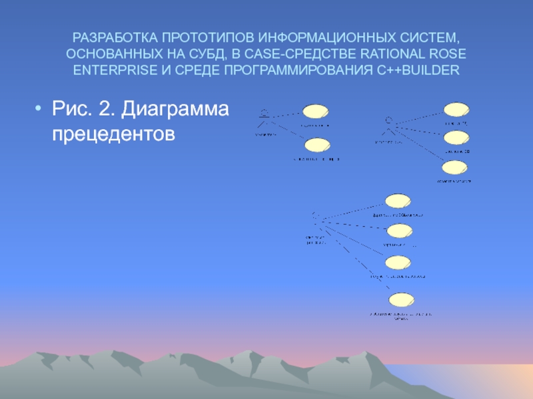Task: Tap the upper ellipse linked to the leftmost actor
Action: click(314, 112)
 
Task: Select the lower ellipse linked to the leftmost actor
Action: click(316, 146)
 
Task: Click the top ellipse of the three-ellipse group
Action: click(457, 109)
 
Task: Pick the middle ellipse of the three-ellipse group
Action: click(457, 138)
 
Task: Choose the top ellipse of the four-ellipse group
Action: click(398, 201)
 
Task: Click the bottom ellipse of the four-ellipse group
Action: click(400, 300)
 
